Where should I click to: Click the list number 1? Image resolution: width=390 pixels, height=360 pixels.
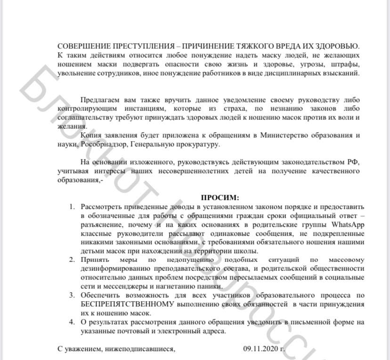point(72,207)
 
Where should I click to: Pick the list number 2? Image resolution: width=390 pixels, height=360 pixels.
point(72,259)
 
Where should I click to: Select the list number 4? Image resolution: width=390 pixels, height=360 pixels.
point(72,322)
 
